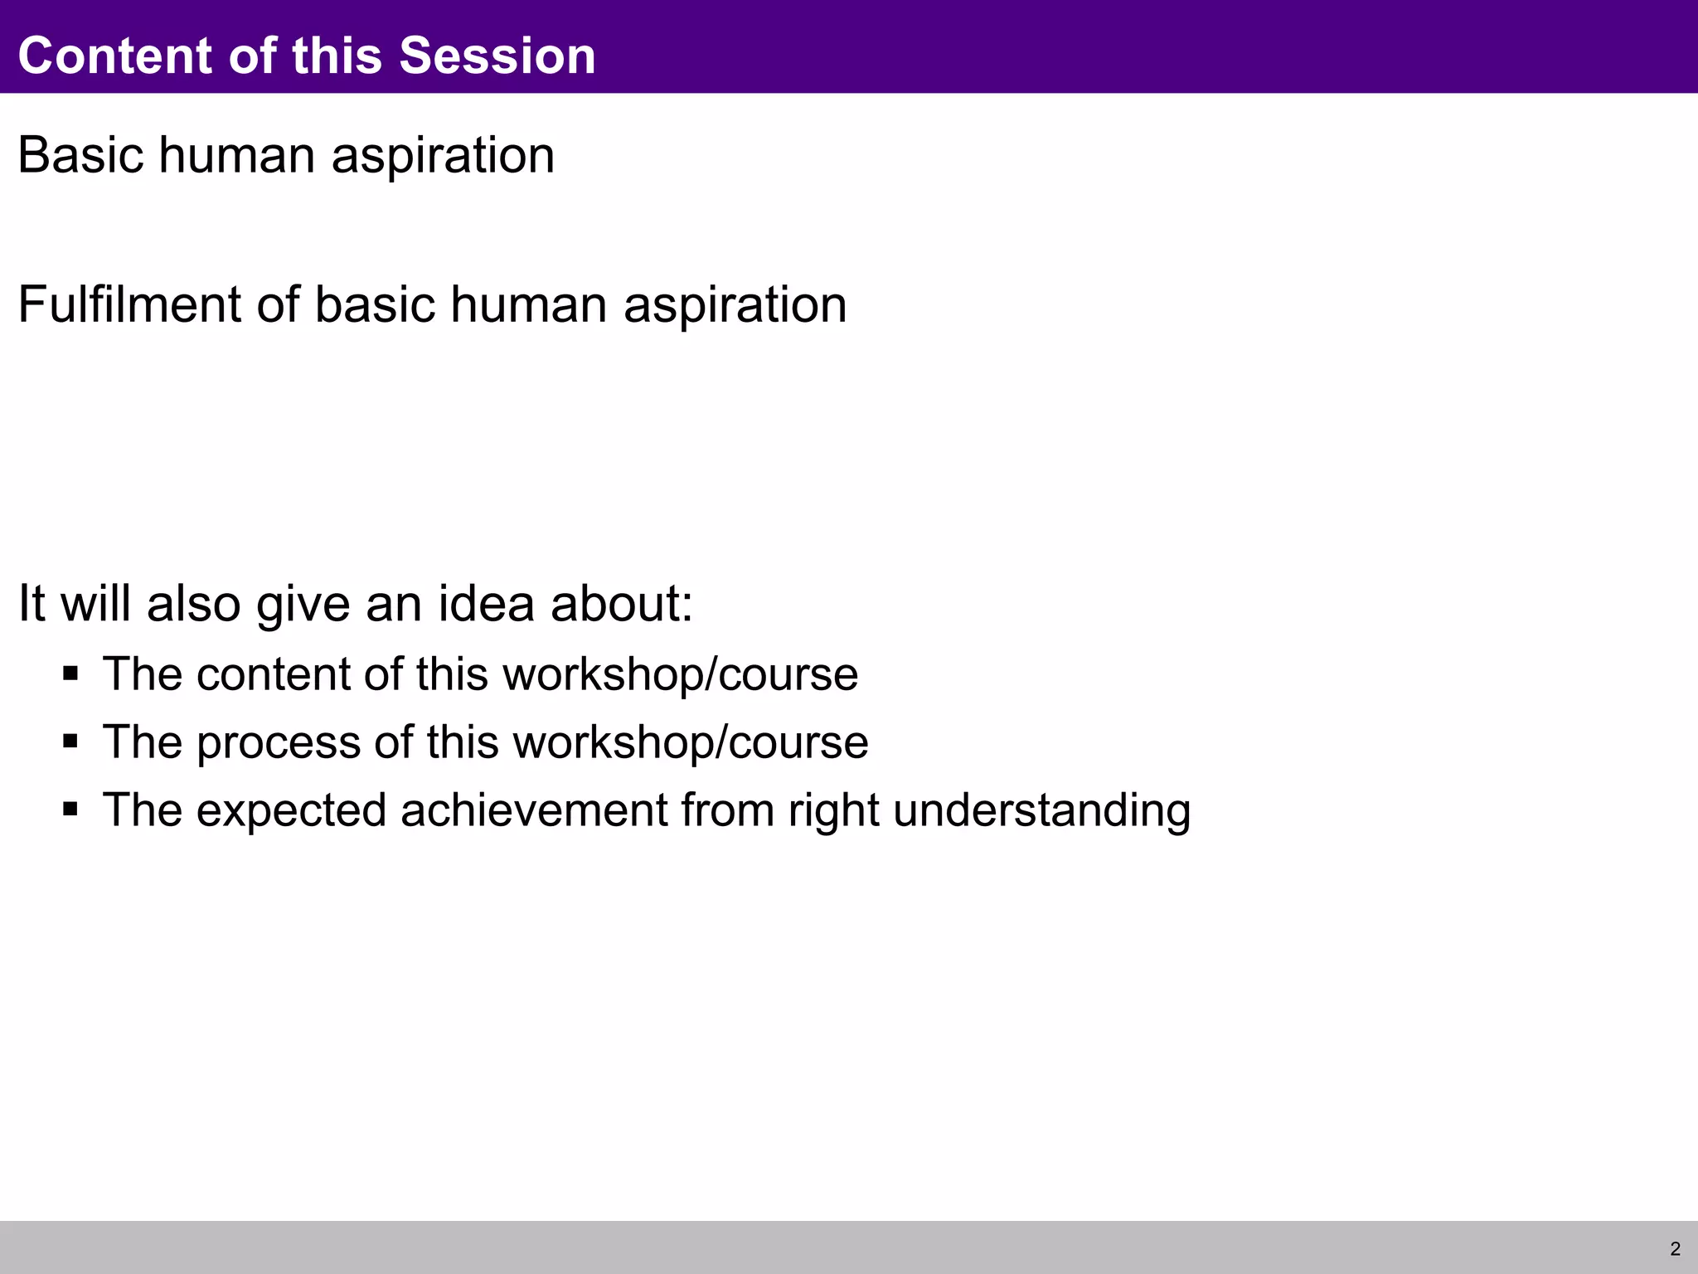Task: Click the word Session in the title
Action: pos(497,56)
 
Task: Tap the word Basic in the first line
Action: pos(80,155)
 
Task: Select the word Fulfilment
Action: pos(129,304)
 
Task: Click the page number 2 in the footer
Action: pos(1675,1249)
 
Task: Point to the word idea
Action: pos(486,603)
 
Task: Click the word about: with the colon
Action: pos(621,603)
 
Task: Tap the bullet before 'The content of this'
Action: pos(70,672)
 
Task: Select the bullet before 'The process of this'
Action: pos(70,740)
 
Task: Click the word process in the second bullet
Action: pos(278,742)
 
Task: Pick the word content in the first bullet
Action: pos(273,673)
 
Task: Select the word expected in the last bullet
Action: pos(291,811)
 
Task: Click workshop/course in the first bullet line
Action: pos(680,673)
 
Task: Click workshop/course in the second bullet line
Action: pos(690,742)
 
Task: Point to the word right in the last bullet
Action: pos(833,811)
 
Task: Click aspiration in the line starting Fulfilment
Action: pos(735,306)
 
